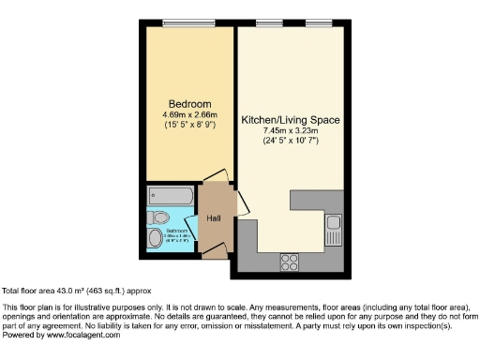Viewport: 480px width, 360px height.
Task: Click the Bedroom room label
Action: pos(189,103)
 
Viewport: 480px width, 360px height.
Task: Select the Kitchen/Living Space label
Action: pos(291,120)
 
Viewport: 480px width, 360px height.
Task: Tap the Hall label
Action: pos(214,217)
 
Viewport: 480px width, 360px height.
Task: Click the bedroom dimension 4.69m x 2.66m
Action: pos(189,113)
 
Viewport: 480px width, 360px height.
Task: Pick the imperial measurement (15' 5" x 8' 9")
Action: pos(189,124)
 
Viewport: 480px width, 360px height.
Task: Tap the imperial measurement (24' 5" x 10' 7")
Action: pos(291,141)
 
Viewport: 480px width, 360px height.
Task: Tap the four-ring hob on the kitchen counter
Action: pos(289,261)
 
